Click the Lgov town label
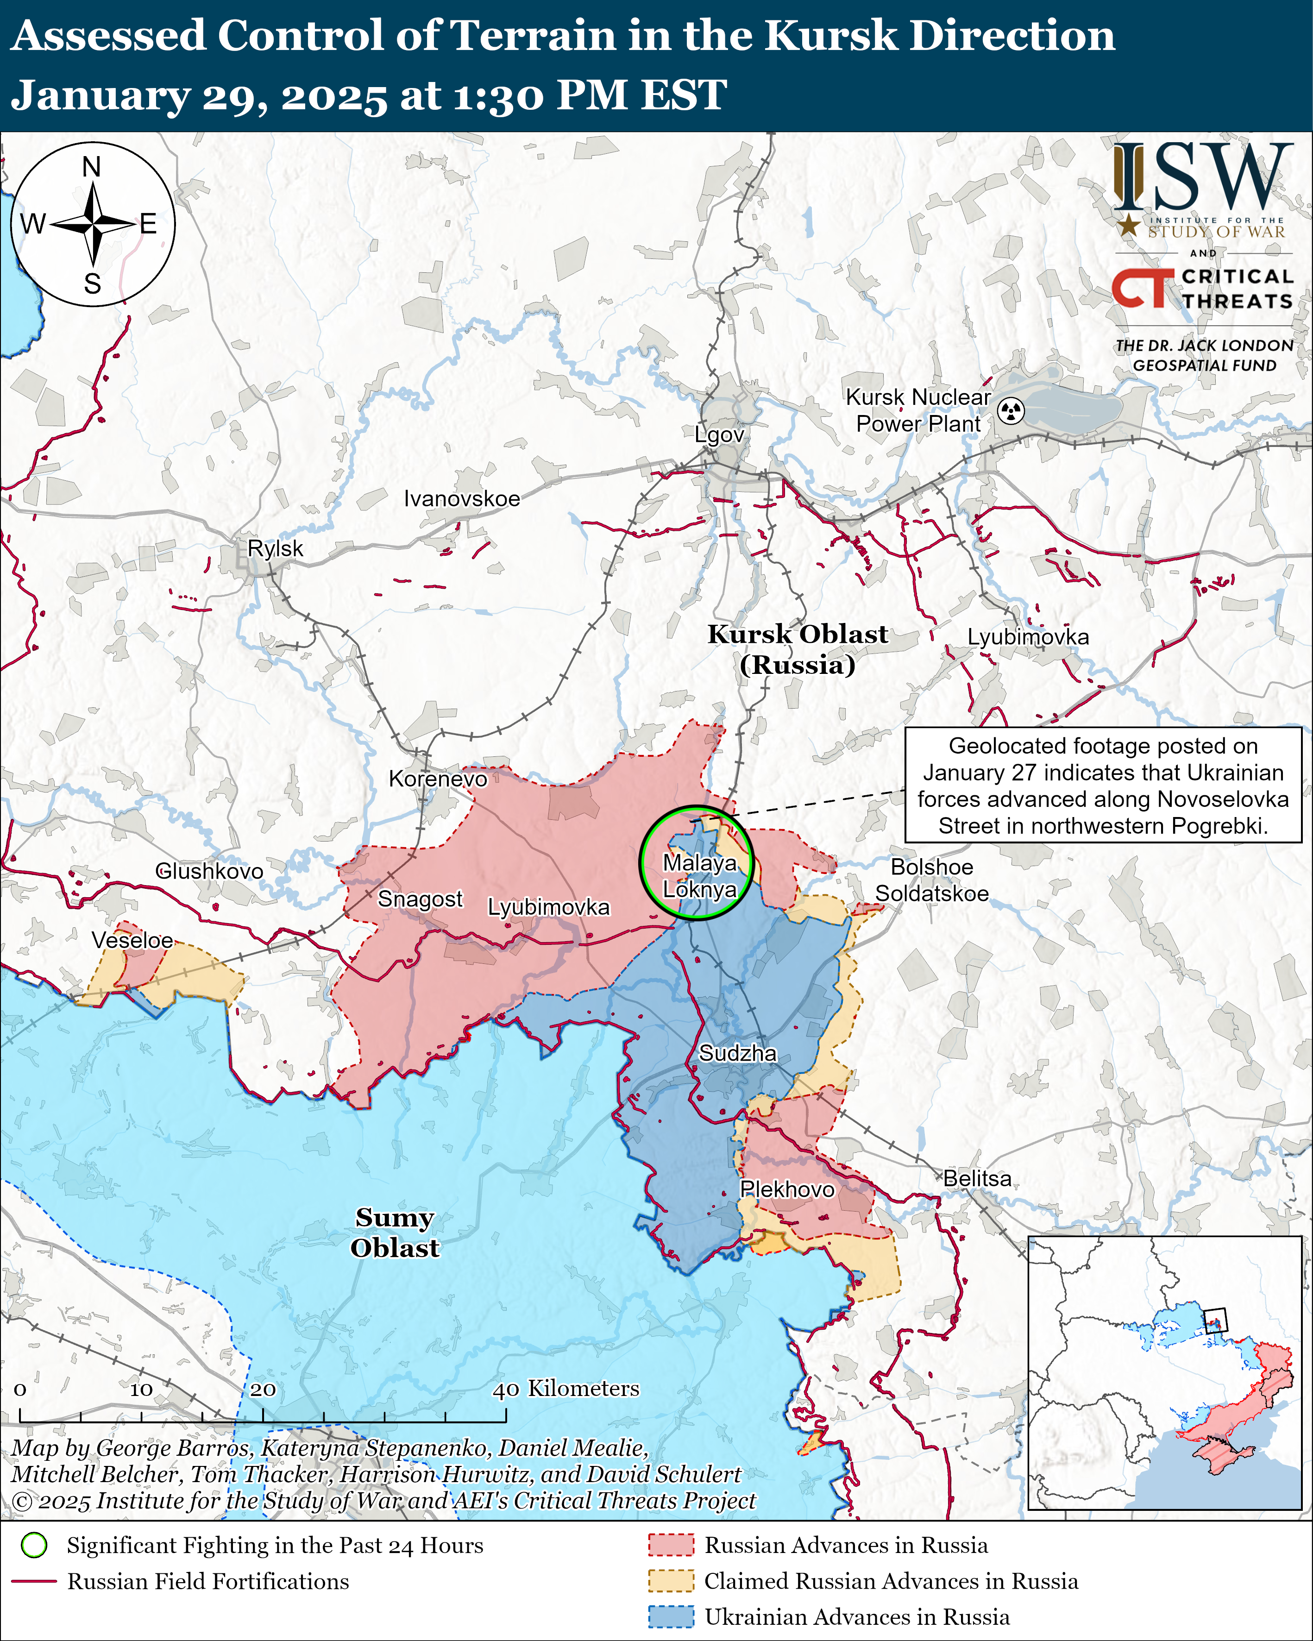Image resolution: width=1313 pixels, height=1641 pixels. click(x=718, y=434)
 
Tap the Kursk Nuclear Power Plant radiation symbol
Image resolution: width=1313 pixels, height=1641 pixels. click(x=1011, y=411)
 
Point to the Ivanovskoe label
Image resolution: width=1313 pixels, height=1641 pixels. click(x=461, y=498)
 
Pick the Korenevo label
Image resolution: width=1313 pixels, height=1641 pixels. click(x=438, y=779)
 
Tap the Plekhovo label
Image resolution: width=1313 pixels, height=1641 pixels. click(x=787, y=1189)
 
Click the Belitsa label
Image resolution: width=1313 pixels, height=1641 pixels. click(x=977, y=1178)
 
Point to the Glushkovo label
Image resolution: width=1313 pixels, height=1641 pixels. click(x=209, y=871)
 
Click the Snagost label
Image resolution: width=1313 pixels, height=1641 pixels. click(x=420, y=899)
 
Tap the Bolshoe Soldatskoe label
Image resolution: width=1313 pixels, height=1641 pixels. click(x=932, y=880)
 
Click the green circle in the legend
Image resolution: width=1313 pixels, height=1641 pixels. click(x=34, y=1545)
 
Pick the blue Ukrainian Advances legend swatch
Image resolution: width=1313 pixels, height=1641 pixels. click(x=671, y=1616)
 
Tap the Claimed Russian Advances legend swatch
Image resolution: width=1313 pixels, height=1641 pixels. click(x=671, y=1581)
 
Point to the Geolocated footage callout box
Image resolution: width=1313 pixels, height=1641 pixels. click(x=1102, y=785)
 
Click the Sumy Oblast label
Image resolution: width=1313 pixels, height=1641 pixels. click(x=394, y=1232)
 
